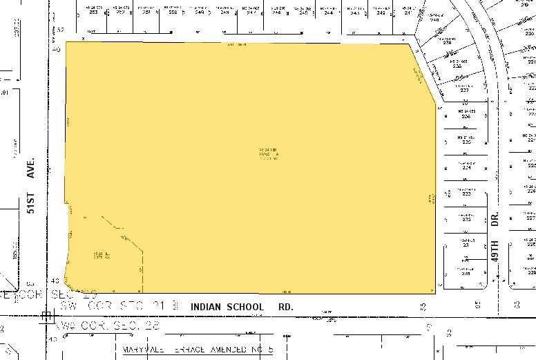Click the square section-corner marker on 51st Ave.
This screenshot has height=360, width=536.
click(x=47, y=317)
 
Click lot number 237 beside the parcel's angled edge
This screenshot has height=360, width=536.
click(x=464, y=90)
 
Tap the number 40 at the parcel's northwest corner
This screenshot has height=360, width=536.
click(x=57, y=49)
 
